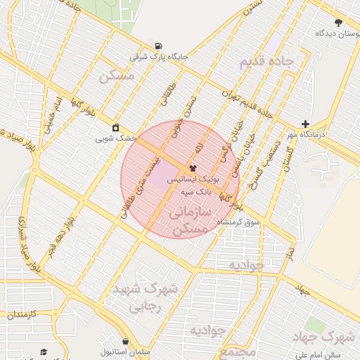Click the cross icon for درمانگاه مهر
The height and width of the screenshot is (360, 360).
tap(305, 124)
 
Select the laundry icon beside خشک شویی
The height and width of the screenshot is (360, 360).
tap(115, 128)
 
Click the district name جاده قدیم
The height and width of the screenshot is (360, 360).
tap(270, 62)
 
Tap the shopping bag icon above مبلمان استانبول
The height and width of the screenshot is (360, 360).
tap(125, 339)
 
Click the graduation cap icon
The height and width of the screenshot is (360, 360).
tap(44, 351)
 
